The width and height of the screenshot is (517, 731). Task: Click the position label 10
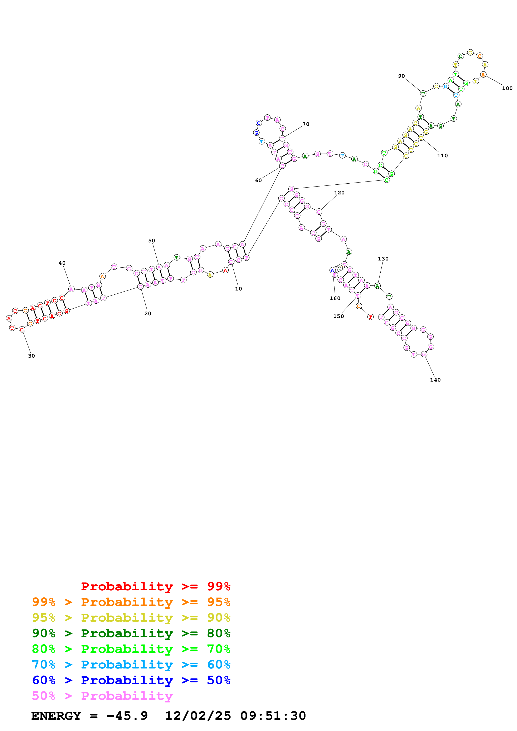pyautogui.click(x=238, y=289)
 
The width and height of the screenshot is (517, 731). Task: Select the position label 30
pyautogui.click(x=31, y=356)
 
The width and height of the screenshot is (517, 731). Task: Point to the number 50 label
pyautogui.click(x=152, y=241)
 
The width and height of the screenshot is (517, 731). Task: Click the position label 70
pyautogui.click(x=306, y=124)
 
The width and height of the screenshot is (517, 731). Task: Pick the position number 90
pyautogui.click(x=401, y=76)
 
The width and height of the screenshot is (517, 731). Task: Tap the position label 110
pyautogui.click(x=443, y=156)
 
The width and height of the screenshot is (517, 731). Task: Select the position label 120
pyautogui.click(x=339, y=193)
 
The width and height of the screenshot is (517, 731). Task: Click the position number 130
pyautogui.click(x=383, y=259)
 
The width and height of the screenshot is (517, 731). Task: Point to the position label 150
pyautogui.click(x=339, y=316)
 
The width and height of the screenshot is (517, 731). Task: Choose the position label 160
pyautogui.click(x=335, y=298)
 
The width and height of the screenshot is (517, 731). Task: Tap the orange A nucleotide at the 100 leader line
pyautogui.click(x=483, y=75)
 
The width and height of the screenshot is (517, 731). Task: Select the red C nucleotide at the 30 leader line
pyautogui.click(x=22, y=329)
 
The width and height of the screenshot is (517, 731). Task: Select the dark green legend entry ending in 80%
pyautogui.click(x=131, y=633)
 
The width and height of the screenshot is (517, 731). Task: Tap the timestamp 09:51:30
pyautogui.click(x=273, y=716)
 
